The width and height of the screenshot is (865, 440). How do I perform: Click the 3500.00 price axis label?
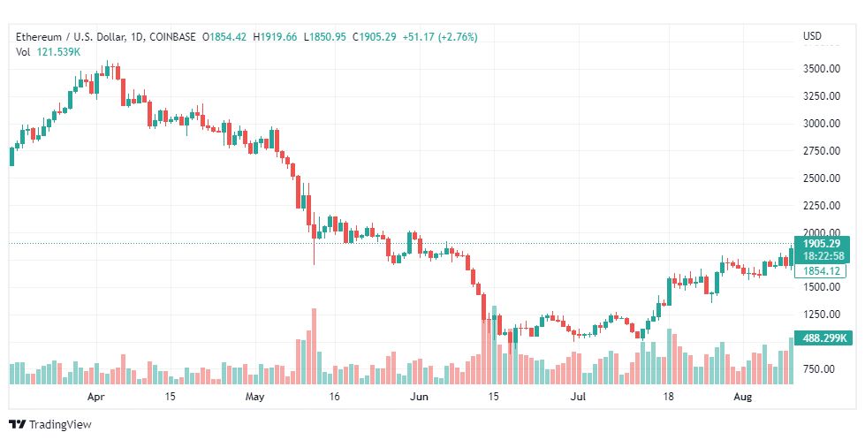tap(820, 68)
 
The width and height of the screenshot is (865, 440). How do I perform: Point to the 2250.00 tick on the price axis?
tap(820, 205)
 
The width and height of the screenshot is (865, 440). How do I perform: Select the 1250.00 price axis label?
tap(820, 314)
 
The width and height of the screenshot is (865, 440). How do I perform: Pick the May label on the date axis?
tap(255, 397)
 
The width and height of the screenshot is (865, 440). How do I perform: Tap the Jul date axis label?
tap(579, 397)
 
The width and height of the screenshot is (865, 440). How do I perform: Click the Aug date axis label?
tap(743, 397)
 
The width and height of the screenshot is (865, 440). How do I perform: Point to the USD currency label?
tap(812, 36)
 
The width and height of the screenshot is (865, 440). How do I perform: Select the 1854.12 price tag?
tap(821, 270)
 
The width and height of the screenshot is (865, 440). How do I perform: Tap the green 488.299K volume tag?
tap(823, 338)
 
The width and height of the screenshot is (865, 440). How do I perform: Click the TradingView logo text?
tap(60, 424)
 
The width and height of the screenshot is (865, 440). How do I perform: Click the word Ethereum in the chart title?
tap(40, 36)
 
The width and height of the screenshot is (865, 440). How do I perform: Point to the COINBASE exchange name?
tap(174, 36)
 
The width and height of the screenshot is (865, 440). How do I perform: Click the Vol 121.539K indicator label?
tap(49, 52)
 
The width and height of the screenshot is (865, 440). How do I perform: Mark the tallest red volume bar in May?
tap(314, 345)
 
